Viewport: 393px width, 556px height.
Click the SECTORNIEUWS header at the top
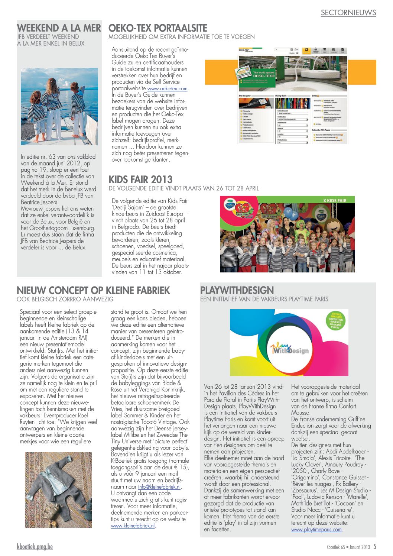[348, 13]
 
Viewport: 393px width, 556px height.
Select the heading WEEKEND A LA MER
[59, 28]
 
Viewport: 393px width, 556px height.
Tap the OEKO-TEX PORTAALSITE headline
[157, 28]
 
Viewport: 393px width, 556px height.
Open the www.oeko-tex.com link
[167, 89]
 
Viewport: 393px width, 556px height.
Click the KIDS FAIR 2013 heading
[140, 180]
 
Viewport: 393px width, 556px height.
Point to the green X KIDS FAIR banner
[334, 201]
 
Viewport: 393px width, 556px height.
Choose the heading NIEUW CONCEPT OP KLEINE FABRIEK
[93, 290]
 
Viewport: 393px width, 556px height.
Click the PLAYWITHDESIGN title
[237, 290]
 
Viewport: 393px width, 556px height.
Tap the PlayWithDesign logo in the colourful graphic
[289, 348]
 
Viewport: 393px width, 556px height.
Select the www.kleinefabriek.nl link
[133, 526]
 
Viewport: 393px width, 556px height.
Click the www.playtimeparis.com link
[316, 530]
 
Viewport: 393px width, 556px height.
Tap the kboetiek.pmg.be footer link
[35, 547]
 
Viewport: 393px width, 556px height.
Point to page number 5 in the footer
[375, 547]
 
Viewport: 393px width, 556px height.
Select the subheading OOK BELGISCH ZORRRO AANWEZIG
[65, 299]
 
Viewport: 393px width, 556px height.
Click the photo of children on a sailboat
[59, 107]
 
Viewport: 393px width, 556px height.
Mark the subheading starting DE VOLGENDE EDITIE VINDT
[183, 188]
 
